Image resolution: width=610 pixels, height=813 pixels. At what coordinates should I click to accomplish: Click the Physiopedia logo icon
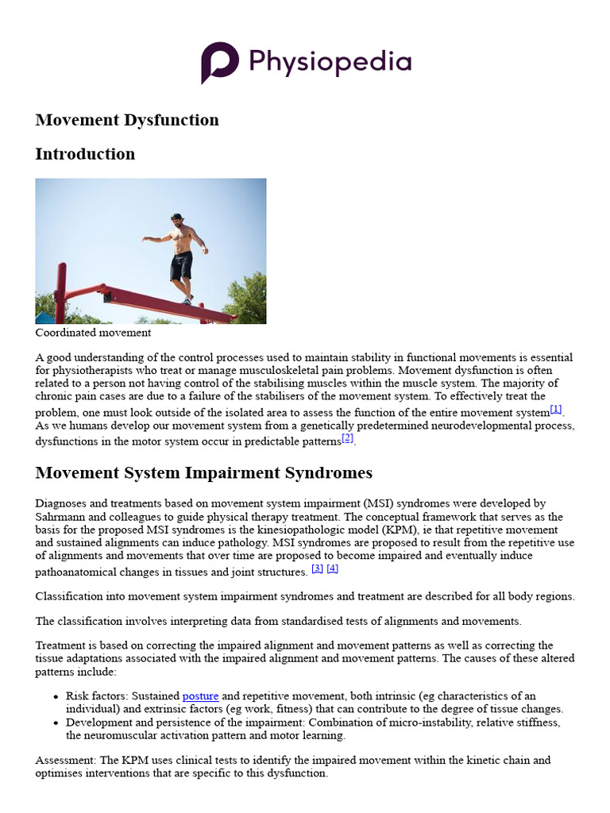(219, 63)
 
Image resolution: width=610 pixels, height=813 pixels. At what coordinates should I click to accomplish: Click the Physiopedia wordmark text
(330, 62)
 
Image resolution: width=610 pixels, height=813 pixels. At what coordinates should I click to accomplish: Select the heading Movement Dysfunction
(127, 120)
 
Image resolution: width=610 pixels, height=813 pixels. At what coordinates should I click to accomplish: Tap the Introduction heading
(85, 154)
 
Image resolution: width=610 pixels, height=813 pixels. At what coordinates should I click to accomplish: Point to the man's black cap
(176, 216)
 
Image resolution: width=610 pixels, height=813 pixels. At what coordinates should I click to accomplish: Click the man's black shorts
(181, 266)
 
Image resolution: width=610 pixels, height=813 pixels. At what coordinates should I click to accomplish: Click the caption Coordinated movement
(93, 333)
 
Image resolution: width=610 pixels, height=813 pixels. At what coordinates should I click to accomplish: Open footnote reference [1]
(556, 409)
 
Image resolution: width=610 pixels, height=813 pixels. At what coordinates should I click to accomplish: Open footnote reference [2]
(347, 437)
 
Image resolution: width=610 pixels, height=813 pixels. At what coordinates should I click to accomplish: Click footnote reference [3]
(317, 568)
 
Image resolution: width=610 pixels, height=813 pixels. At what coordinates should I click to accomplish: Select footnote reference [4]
(332, 568)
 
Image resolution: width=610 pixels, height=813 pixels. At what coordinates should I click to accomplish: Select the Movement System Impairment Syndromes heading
(203, 473)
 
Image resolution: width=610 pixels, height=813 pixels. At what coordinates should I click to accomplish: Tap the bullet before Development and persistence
(56, 722)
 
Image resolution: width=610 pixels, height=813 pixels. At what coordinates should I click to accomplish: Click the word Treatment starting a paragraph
(61, 645)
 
